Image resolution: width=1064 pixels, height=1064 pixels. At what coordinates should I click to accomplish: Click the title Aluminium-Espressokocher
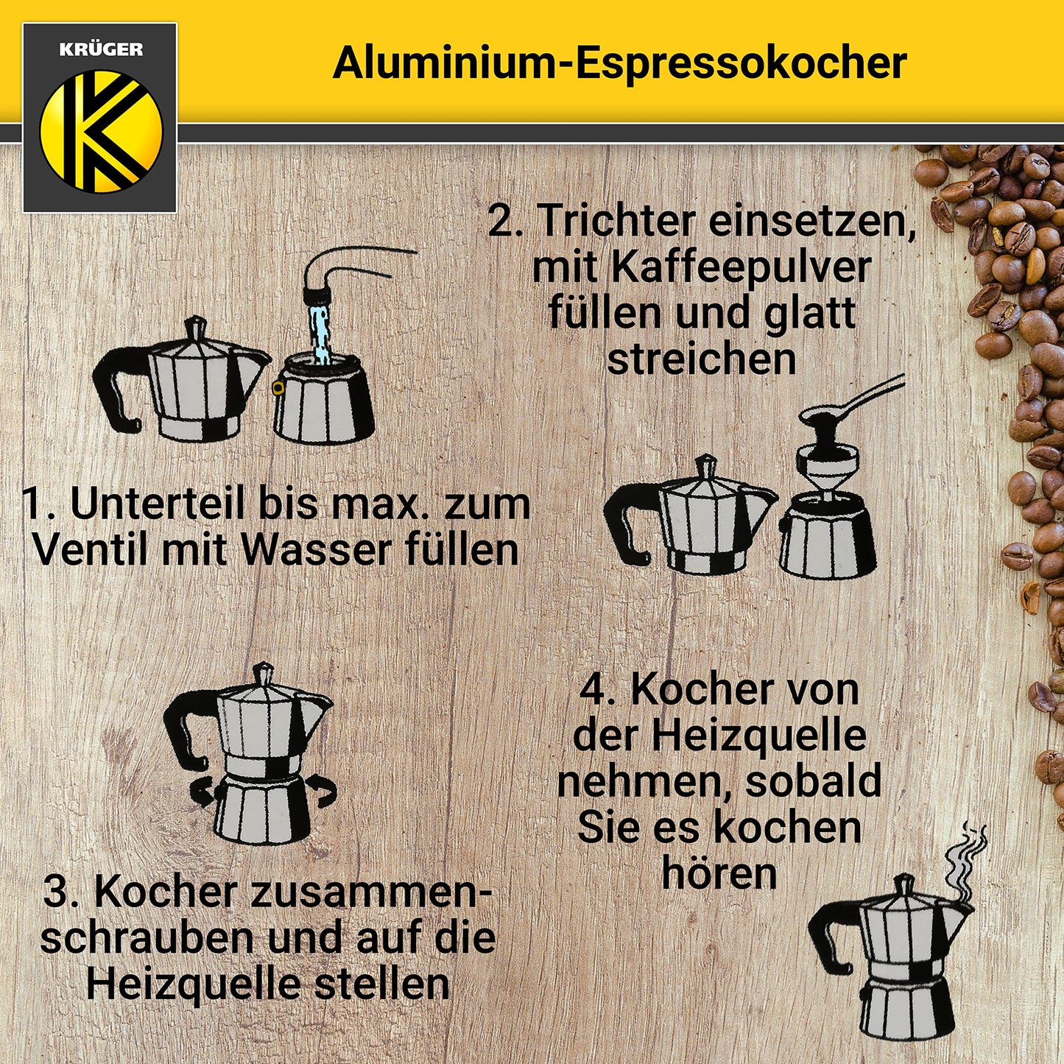(619, 63)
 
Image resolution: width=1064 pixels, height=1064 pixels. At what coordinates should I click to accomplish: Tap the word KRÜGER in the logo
(100, 50)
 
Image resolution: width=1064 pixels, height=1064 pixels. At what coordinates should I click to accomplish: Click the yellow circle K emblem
(101, 131)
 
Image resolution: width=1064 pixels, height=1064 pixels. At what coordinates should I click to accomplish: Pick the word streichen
(701, 359)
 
